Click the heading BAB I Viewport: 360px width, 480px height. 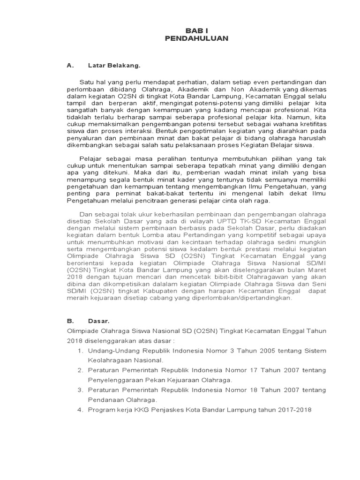(x=196, y=30)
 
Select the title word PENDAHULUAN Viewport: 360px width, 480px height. (x=196, y=38)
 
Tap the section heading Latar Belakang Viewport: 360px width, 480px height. (x=114, y=66)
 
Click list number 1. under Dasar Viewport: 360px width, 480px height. (x=80, y=351)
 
